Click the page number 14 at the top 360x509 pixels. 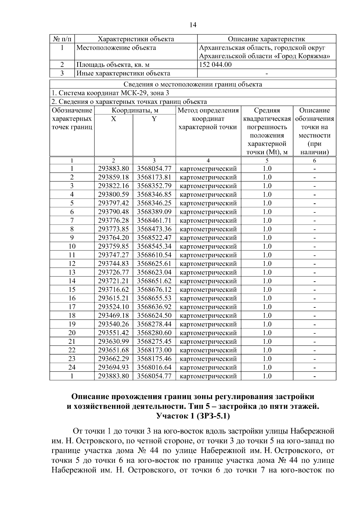pos(193,25)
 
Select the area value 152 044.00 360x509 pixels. pos(215,64)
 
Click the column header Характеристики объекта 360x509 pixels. pos(136,39)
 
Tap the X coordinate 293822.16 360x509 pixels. pos(113,186)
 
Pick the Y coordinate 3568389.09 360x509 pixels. pos(154,212)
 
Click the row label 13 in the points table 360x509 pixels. pos(72,272)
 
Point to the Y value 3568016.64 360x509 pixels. pos(154,367)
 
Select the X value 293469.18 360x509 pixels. pos(113,316)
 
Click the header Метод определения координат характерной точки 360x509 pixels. pos(208,119)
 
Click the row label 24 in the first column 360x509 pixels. pos(72,367)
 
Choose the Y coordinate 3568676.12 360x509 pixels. pos(154,290)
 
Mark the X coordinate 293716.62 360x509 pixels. pos(113,290)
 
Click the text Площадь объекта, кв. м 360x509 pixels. pos(113,65)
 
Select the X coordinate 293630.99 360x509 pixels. pos(113,342)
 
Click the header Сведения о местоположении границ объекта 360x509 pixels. pos(193,84)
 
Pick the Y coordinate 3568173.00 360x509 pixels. pos(154,350)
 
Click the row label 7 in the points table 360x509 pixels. pos(72,221)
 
